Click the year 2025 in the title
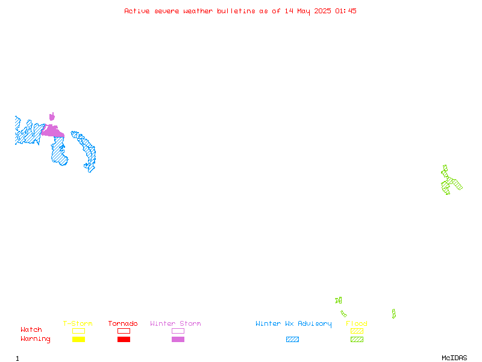click(322, 11)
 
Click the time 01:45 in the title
click(346, 11)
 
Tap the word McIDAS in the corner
click(454, 358)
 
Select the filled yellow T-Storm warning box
click(79, 339)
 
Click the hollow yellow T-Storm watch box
click(79, 331)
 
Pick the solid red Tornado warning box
click(124, 339)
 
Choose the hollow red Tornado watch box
click(124, 331)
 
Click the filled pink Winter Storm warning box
click(178, 339)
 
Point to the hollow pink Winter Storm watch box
click(178, 331)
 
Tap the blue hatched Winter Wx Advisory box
click(292, 339)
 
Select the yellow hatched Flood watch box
click(357, 331)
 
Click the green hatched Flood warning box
click(357, 339)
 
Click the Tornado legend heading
click(123, 323)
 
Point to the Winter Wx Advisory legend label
click(293, 324)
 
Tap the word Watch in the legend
click(31, 329)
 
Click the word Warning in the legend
click(36, 339)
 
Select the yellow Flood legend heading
click(357, 323)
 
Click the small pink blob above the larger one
click(52, 116)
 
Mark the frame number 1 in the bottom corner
click(17, 358)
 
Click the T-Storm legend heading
click(78, 323)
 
